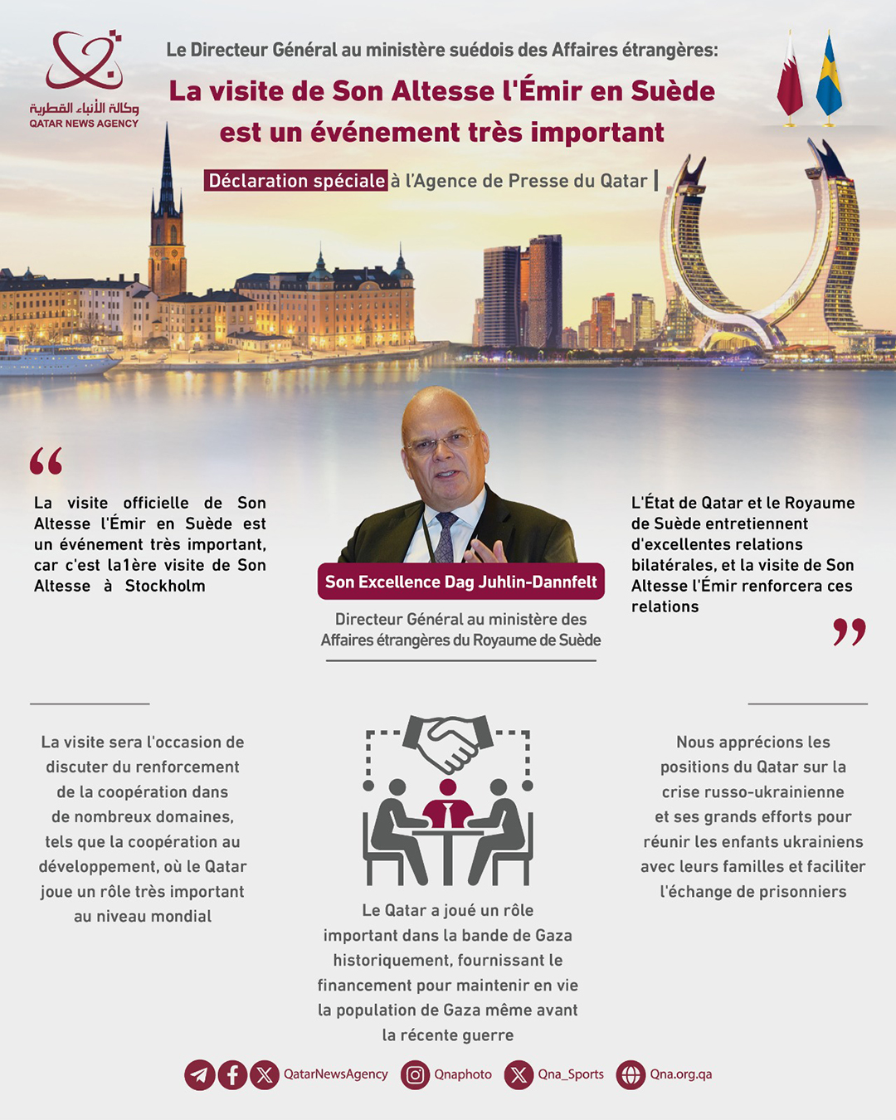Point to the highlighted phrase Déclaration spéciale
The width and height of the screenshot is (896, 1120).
(x=296, y=181)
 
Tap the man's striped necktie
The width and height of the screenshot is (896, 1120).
(x=446, y=535)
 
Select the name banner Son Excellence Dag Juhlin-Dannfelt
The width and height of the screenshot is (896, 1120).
(x=460, y=582)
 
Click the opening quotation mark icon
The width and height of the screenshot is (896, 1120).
(x=46, y=461)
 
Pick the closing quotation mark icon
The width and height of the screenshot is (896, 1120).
(x=849, y=631)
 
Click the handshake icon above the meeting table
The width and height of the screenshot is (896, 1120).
(x=448, y=741)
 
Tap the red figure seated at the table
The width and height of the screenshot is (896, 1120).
(x=448, y=805)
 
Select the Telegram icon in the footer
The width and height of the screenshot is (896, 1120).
(x=200, y=1075)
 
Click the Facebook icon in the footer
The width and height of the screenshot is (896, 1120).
(x=232, y=1075)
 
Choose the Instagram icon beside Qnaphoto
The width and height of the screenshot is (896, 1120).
(x=415, y=1075)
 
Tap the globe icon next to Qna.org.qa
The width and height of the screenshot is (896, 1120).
(x=631, y=1075)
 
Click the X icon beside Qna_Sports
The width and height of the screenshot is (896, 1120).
(x=519, y=1075)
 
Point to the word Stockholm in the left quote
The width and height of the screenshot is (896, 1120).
(x=165, y=586)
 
